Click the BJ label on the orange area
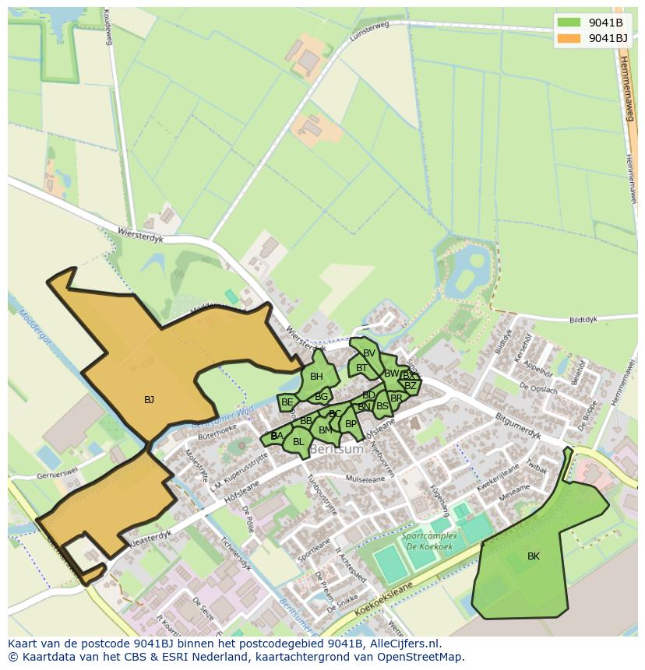point(149,400)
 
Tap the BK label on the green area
point(533,556)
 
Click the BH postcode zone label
point(316,377)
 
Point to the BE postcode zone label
point(287,402)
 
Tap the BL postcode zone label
point(298,442)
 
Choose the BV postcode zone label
point(369,353)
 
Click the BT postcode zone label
point(361,368)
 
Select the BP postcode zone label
point(351,424)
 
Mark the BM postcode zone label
point(325,430)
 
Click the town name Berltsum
point(337,450)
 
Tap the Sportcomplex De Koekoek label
point(426,542)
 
